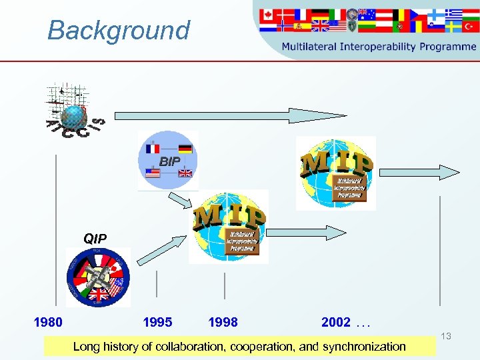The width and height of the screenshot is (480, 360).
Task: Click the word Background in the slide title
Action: pos(119,31)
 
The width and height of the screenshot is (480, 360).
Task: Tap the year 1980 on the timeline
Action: pos(48,323)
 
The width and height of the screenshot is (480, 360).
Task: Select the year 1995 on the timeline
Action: pos(157,323)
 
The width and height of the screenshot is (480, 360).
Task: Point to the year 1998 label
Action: pos(223,323)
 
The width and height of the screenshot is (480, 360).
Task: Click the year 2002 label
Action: pos(336,323)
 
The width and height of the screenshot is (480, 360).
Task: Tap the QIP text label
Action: pos(95,238)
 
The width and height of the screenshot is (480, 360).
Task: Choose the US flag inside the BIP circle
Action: pos(153,173)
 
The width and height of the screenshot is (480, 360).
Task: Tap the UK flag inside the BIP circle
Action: pos(185,173)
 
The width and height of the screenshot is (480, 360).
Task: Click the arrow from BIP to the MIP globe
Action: pos(179,199)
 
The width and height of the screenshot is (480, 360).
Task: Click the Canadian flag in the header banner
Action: pos(267,15)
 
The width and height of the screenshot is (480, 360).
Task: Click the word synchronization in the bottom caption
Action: pos(364,346)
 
